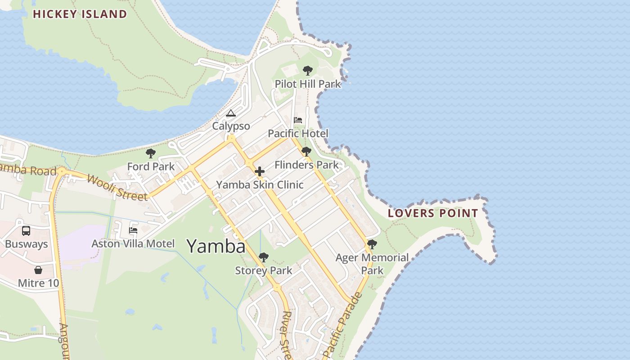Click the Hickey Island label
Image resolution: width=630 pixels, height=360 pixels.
click(80, 14)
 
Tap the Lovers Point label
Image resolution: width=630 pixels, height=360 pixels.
click(433, 213)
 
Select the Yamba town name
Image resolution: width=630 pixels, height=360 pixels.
click(216, 246)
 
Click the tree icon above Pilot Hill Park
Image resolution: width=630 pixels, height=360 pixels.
click(308, 70)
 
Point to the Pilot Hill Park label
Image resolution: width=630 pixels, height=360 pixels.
click(308, 84)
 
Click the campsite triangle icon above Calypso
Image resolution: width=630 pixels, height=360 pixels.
click(231, 113)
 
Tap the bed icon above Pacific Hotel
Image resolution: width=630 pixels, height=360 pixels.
click(298, 120)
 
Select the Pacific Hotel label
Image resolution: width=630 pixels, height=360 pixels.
click(298, 134)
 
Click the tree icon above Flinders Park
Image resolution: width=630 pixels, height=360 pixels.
click(306, 152)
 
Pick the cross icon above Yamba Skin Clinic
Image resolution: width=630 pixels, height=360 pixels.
click(260, 171)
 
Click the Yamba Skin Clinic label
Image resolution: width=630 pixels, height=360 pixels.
click(260, 185)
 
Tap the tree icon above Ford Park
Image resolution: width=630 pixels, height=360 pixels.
click(151, 153)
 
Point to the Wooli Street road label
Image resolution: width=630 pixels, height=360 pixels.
click(117, 187)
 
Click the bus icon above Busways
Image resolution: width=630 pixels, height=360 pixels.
click(26, 231)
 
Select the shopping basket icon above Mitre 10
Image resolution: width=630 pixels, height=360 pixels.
click(38, 270)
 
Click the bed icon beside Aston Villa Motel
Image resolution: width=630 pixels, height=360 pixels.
click(133, 230)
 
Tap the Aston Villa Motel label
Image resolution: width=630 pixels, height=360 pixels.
click(133, 244)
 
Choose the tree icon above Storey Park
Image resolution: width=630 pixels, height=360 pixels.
click(264, 257)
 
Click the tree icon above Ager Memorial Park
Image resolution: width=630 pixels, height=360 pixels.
click(372, 244)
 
